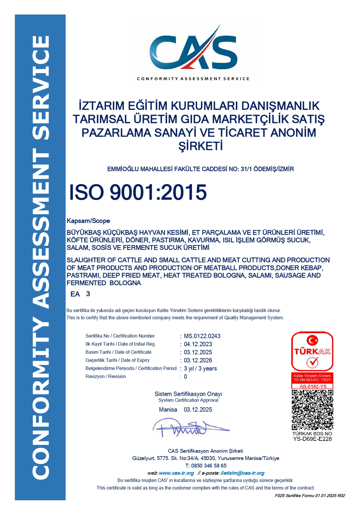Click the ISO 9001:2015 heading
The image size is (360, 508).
[138, 193]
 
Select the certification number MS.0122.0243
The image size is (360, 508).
[202, 336]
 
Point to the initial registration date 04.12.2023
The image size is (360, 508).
[198, 344]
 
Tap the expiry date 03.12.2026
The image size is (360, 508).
[198, 361]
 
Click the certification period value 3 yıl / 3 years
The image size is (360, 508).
[200, 369]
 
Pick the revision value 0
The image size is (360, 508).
[186, 377]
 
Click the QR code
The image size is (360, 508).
[312, 410]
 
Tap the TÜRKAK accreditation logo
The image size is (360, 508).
[312, 351]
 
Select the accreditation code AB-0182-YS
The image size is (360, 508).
[312, 387]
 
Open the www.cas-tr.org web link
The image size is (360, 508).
[176, 473]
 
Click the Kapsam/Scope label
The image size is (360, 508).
[88, 221]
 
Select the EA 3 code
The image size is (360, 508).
[80, 294]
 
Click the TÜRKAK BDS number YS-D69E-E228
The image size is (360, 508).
[312, 439]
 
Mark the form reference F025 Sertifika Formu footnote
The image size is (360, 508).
[310, 496]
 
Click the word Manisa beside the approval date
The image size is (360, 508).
[168, 410]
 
